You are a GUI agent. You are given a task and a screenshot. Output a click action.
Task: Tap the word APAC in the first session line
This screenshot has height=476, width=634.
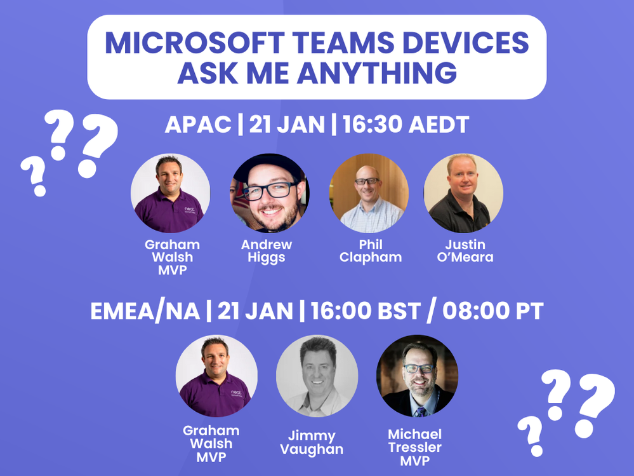coord(197,125)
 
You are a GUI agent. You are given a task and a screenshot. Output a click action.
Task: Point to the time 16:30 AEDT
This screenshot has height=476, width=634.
coord(406,125)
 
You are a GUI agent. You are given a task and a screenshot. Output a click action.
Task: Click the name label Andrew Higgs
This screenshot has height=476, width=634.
coord(266,251)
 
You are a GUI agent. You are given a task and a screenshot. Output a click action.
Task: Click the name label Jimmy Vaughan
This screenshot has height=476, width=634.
coord(315,442)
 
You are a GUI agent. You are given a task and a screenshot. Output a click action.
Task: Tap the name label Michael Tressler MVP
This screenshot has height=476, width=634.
coord(414,447)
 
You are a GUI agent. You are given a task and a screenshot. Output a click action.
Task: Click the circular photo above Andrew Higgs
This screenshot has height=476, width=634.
coord(270,193)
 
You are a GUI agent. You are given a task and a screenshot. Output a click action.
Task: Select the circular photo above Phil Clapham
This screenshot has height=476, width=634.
coord(369,193)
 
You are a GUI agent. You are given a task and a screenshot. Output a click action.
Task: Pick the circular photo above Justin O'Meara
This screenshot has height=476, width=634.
coord(463,193)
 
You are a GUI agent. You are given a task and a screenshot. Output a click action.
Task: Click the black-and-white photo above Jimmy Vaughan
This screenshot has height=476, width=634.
coord(317,376)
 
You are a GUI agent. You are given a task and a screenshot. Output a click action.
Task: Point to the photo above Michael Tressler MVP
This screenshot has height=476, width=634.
coord(417,376)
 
